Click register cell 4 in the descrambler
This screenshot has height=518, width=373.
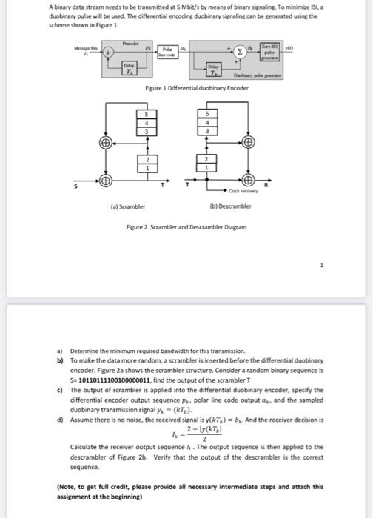pyautogui.click(x=208, y=124)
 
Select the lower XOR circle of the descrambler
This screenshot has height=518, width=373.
pyautogui.click(x=249, y=181)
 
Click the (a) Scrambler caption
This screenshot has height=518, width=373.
pyautogui.click(x=130, y=206)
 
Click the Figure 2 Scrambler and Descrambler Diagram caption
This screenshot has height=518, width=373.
pyautogui.click(x=186, y=227)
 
